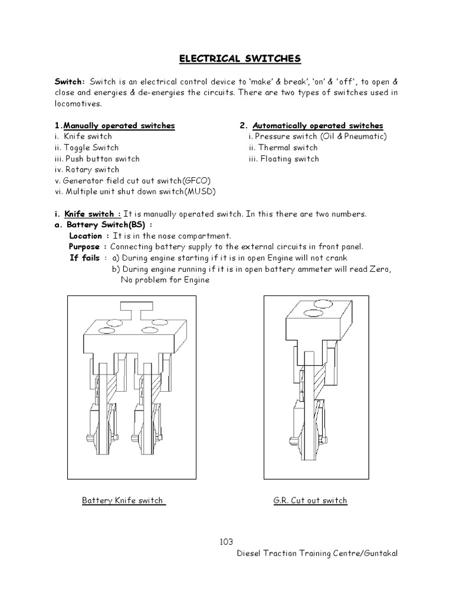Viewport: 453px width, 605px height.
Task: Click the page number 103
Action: tap(226, 542)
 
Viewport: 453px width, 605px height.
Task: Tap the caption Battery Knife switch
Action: tap(123, 500)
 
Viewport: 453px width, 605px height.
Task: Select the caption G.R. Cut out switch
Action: tap(310, 500)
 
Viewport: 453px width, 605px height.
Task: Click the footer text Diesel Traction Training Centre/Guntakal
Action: tap(317, 553)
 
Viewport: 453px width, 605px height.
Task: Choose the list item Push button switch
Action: tap(97, 158)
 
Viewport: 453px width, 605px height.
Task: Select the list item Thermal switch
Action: tap(284, 148)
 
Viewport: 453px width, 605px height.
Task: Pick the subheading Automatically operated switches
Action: tap(318, 126)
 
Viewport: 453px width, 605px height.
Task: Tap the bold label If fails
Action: tap(85, 258)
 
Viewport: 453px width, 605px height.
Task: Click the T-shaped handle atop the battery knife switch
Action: tap(136, 307)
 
